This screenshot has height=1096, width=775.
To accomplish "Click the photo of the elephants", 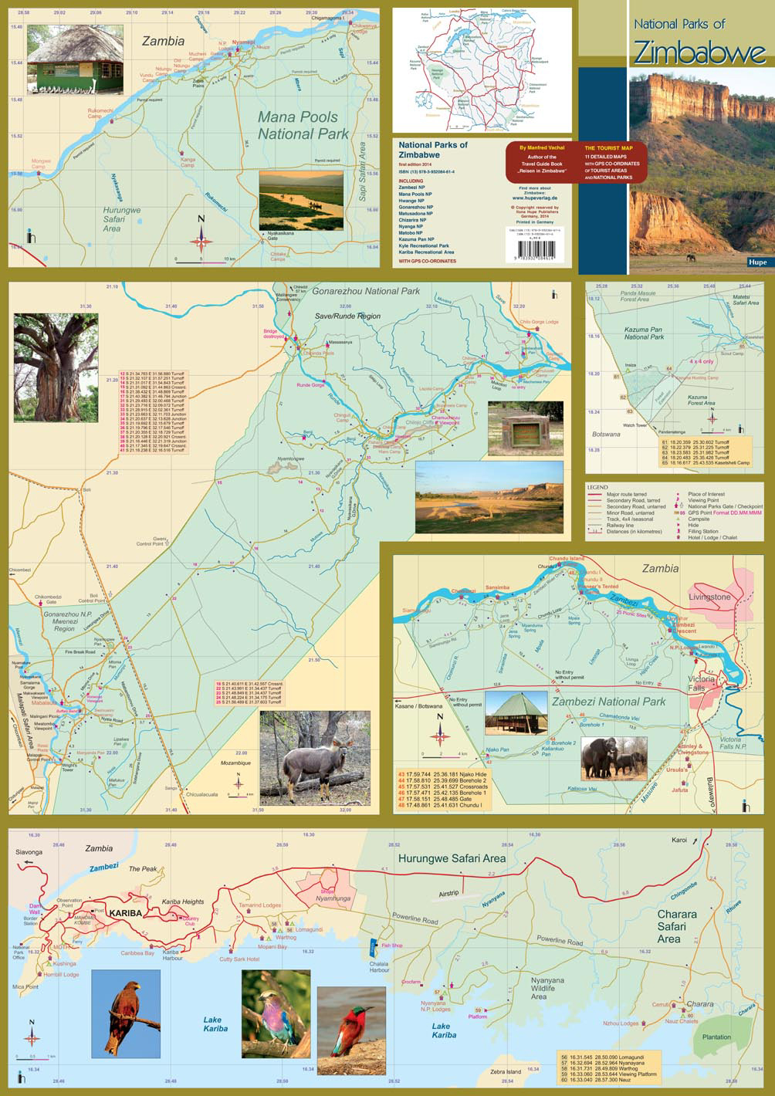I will tap(614, 757).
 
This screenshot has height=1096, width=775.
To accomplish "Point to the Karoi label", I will tap(679, 839).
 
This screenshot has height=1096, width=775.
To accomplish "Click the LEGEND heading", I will tap(597, 488).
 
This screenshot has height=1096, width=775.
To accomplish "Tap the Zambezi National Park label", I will tap(608, 702).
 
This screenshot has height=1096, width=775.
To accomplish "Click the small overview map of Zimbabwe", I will tap(482, 69).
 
